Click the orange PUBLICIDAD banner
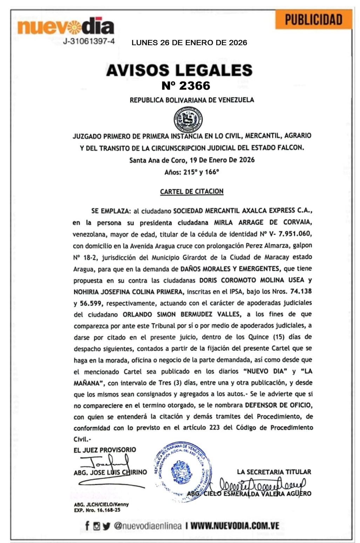(313, 20)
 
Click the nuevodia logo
(66, 27)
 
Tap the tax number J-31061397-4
(89, 41)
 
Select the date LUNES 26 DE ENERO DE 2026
(189, 43)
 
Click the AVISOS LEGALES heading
(179, 70)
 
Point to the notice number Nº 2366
(186, 85)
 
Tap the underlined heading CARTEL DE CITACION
(192, 191)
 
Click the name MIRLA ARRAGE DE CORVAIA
(263, 222)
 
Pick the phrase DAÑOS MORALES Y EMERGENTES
(230, 269)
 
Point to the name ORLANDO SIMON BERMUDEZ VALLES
(182, 314)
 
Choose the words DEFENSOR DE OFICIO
(278, 405)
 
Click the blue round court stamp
(183, 472)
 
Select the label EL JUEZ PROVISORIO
(104, 450)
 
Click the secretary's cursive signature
(262, 485)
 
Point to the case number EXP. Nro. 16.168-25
(97, 510)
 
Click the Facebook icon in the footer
(87, 525)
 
